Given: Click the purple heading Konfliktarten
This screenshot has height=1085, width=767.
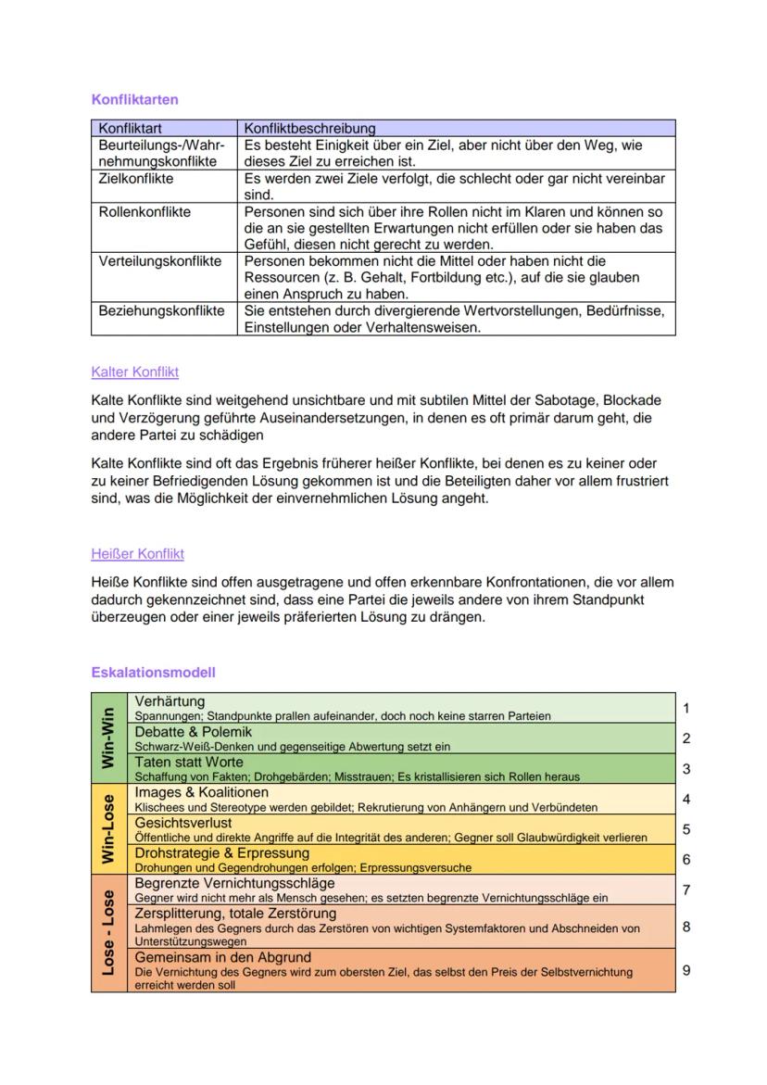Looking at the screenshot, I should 134,99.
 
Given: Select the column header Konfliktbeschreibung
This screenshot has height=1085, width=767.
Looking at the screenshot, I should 308,129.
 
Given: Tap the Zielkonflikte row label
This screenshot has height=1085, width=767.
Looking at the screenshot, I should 136,179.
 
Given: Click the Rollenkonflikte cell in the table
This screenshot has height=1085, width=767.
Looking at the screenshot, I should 145,212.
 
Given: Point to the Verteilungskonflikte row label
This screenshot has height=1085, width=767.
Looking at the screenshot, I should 160,261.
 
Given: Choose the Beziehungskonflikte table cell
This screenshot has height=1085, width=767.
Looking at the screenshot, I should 161,310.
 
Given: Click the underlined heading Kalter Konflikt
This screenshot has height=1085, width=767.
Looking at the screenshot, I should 134,372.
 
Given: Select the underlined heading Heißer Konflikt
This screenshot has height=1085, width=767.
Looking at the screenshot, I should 137,553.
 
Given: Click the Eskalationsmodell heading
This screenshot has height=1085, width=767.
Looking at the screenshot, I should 153,672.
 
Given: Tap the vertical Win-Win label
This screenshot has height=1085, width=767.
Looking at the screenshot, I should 108,738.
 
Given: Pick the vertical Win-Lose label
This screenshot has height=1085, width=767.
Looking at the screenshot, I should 108,828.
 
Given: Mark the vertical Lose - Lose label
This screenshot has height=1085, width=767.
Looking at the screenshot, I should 108,933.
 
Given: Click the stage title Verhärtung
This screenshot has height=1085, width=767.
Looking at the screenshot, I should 170,701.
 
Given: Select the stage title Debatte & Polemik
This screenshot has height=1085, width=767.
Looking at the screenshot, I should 193,731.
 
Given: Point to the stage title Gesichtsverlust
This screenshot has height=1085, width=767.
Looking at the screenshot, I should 183,822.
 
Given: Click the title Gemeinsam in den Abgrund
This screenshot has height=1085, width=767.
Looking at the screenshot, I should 223,957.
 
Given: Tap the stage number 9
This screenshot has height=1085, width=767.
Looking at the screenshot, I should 686,970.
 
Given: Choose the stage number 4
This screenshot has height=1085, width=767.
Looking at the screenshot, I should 686,799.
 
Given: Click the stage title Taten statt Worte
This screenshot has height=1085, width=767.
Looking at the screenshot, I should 190,762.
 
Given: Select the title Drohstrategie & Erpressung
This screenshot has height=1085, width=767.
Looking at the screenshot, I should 222,852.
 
